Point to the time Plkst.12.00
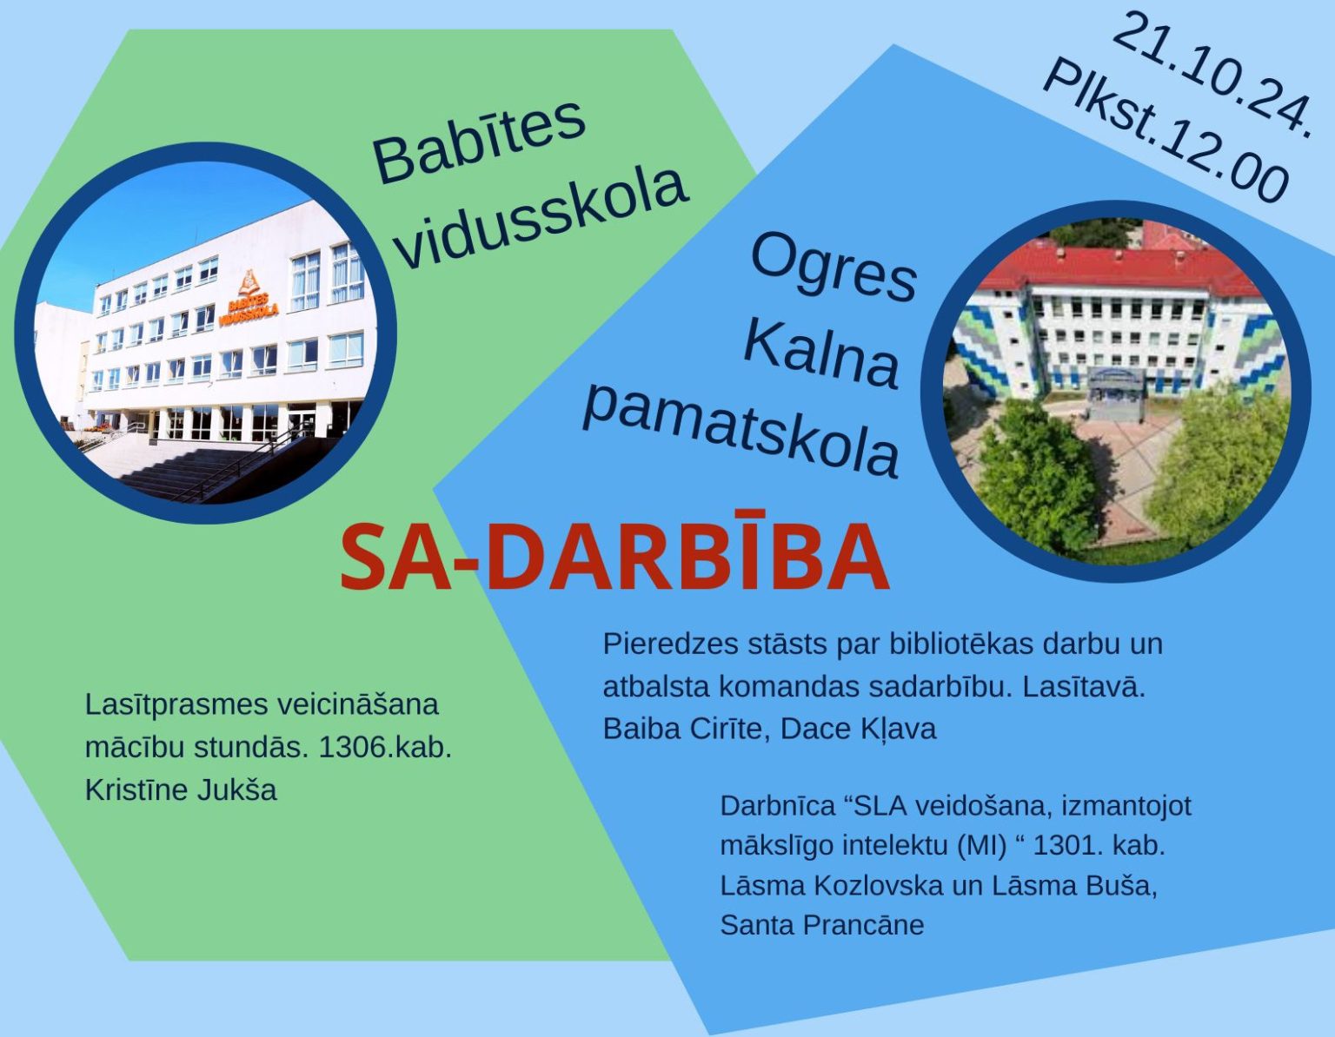[x=1167, y=132]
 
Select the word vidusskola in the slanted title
[x=541, y=219]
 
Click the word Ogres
[x=833, y=271]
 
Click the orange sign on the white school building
[x=249, y=301]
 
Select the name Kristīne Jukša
[x=181, y=789]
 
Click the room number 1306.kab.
[x=385, y=748]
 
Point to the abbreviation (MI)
[x=982, y=846]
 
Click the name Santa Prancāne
[x=822, y=925]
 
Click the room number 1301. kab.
[x=1099, y=846]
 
